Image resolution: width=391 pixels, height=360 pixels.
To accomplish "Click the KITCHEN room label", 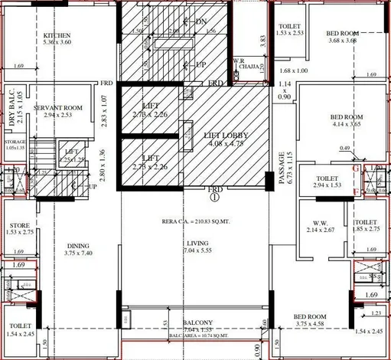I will click(57, 36).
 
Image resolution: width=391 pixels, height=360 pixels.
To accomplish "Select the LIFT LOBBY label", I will click(200, 134).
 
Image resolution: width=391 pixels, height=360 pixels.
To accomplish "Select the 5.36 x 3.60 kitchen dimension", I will click(58, 44).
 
